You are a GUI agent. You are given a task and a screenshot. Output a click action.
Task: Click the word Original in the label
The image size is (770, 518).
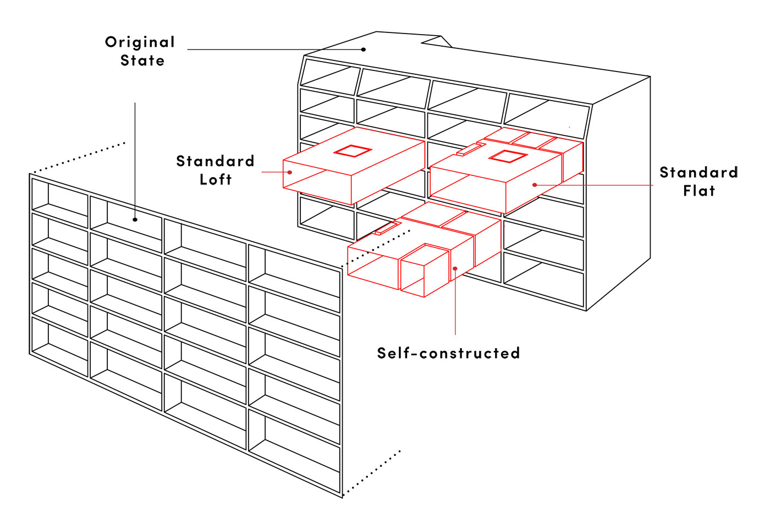(x=140, y=42)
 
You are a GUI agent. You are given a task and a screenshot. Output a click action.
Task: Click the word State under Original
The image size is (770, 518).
(x=142, y=60)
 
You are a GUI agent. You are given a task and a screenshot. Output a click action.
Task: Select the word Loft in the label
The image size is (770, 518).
(x=216, y=180)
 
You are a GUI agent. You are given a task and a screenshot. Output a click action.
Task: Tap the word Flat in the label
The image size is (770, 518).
(x=699, y=191)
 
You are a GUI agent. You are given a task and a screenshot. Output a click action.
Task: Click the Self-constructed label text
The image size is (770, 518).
(x=448, y=353)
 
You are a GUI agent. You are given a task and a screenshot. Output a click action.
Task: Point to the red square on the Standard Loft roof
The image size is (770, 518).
(x=352, y=151)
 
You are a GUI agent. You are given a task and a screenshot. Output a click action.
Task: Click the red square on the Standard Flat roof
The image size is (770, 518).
(x=508, y=157)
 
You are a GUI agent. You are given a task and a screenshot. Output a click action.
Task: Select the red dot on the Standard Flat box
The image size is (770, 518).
(x=535, y=185)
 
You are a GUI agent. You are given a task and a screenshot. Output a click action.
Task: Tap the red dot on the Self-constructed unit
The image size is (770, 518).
(x=455, y=268)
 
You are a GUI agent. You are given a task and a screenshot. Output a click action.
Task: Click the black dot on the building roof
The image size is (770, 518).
(x=364, y=49)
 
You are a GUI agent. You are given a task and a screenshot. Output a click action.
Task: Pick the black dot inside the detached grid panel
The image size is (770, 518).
(x=135, y=219)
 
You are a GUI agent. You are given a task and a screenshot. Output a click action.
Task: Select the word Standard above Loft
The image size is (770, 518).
(x=215, y=161)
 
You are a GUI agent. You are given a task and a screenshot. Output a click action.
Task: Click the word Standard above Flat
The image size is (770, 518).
(x=698, y=173)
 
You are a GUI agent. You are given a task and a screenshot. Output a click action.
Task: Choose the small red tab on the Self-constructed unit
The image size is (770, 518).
(x=387, y=228)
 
